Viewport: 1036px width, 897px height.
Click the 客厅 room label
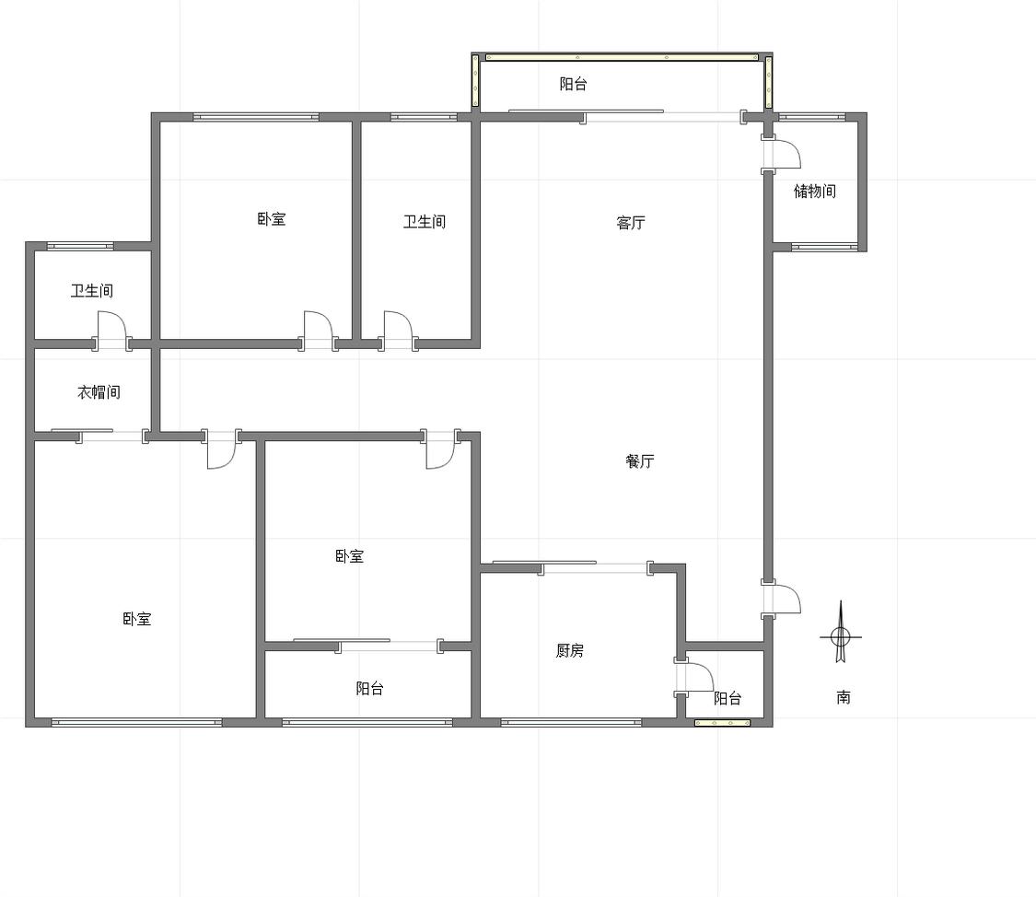point(630,223)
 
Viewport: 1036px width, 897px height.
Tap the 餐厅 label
point(640,461)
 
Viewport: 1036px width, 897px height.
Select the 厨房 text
point(569,650)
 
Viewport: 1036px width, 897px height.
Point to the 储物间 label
point(815,191)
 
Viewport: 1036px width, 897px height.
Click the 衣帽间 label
point(99,392)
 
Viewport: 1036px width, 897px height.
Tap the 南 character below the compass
point(843,697)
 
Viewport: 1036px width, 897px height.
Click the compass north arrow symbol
point(841,633)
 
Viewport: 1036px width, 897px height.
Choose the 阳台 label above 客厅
point(573,84)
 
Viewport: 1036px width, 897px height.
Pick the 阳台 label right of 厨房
point(728,698)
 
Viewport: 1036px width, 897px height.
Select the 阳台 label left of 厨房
point(370,688)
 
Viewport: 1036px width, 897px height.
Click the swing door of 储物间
point(782,154)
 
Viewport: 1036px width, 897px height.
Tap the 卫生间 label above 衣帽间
point(92,291)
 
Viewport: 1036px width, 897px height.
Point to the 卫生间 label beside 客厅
point(425,221)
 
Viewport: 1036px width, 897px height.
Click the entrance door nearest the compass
point(782,600)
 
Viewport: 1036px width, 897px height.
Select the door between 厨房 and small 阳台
point(693,676)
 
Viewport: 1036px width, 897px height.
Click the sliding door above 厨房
point(573,566)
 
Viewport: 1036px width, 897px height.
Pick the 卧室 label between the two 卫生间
point(272,218)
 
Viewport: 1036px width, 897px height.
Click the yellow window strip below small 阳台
point(722,723)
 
